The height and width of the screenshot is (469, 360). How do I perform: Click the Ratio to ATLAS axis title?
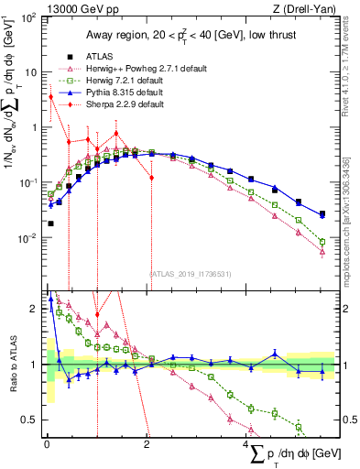[x=12, y=365]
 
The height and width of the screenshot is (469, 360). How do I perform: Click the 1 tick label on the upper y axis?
[x=37, y=128]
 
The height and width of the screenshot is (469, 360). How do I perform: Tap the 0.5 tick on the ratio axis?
[x=32, y=420]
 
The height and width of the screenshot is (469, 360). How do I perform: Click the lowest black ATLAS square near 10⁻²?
[x=51, y=223]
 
